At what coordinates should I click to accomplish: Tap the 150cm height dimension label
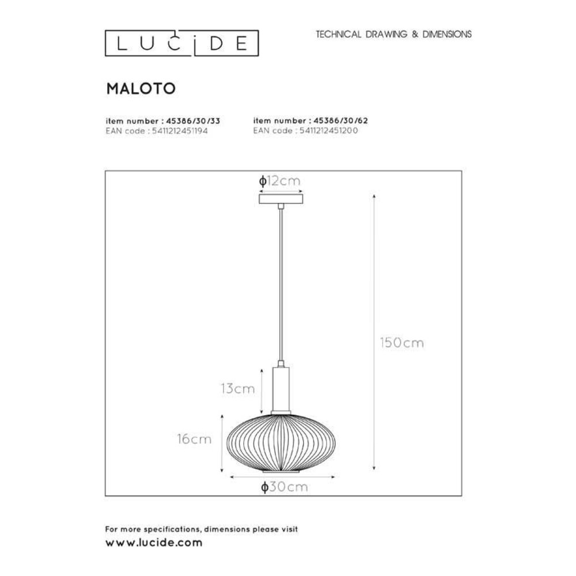click(401, 343)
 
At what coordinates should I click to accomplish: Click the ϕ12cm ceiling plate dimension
click(281, 180)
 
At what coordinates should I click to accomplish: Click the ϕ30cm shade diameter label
click(282, 487)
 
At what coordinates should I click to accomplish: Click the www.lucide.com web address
click(154, 543)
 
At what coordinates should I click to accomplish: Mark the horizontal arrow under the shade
click(282, 476)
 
